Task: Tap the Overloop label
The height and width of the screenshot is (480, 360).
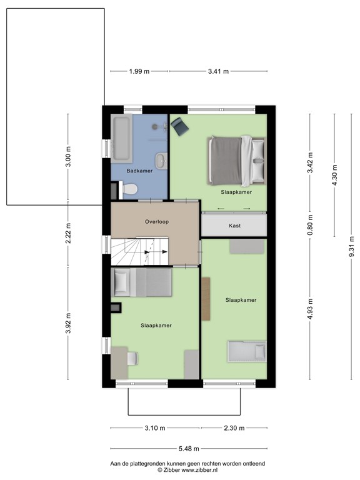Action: coord(157,221)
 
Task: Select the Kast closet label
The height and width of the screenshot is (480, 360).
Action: coord(235,226)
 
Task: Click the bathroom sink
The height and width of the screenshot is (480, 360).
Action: coord(162,160)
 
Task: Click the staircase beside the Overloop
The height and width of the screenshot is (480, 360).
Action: coord(141,251)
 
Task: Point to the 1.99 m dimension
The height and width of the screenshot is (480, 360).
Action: coord(139,71)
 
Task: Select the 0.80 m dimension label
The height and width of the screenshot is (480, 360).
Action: coord(309,225)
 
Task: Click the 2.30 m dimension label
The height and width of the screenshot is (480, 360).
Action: coord(234,428)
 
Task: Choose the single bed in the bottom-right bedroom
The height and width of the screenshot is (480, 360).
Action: coord(246,351)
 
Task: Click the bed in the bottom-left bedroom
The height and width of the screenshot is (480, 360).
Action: coord(142,282)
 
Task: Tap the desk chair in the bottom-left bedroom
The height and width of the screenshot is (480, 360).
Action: coord(132,358)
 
